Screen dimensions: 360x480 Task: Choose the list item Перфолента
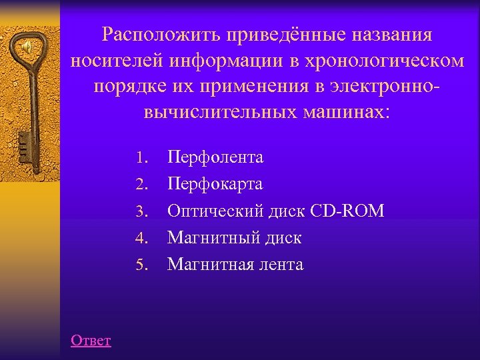tap(215, 157)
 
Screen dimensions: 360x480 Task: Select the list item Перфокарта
tap(215, 184)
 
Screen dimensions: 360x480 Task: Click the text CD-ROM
tap(347, 211)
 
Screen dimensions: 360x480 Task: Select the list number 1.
tap(139, 158)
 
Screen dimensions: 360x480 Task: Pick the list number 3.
tap(139, 211)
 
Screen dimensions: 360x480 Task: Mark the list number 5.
tap(139, 265)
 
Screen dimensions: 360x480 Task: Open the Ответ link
tap(91, 341)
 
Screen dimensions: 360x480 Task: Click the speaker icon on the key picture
tap(26, 48)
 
